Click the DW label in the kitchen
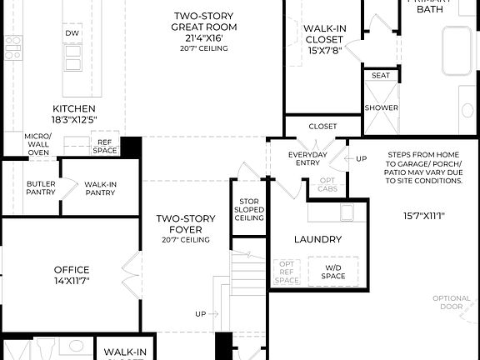click(x=72, y=33)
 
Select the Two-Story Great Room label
click(x=204, y=22)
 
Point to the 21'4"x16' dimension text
click(x=204, y=37)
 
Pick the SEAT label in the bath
click(x=381, y=76)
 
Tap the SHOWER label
click(x=381, y=107)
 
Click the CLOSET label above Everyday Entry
click(x=322, y=127)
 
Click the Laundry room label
click(x=317, y=239)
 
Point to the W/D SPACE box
click(x=333, y=271)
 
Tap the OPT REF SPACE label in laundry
click(x=287, y=272)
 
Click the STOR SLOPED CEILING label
click(x=249, y=209)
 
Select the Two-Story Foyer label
click(x=187, y=225)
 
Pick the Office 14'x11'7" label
click(x=72, y=275)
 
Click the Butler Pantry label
click(x=41, y=187)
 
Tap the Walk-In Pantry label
click(x=99, y=187)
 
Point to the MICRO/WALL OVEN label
click(x=37, y=145)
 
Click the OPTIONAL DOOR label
click(x=451, y=302)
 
